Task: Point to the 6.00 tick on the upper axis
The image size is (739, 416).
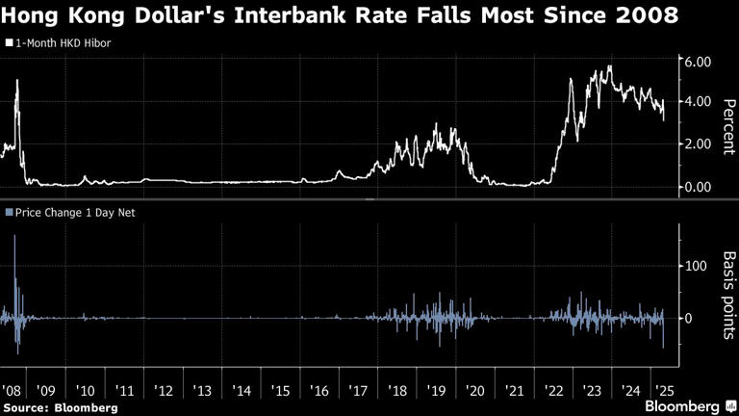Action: point(696,61)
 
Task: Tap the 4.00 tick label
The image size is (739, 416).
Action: point(696,102)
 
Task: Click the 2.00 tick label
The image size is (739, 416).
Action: point(696,143)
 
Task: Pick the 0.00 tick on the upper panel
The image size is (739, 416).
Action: point(696,186)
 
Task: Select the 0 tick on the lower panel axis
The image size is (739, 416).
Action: point(687,318)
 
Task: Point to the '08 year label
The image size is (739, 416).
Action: point(13,391)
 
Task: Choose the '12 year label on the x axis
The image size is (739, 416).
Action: point(164,391)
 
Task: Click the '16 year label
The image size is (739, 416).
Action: point(319,391)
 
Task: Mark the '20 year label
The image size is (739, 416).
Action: point(474,391)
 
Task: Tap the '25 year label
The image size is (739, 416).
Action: point(664,391)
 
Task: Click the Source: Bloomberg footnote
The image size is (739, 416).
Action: point(60,407)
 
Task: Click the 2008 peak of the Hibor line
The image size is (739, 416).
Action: point(17,81)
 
